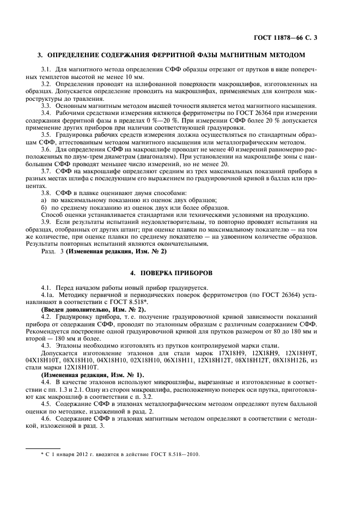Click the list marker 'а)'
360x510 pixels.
45,201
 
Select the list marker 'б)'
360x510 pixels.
45,208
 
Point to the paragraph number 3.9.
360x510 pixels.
46,222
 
